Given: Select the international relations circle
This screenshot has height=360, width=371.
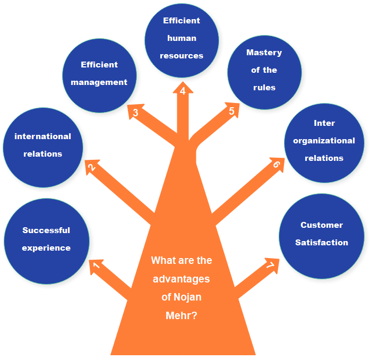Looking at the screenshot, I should (x=43, y=147).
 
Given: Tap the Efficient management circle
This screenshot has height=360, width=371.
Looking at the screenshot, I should (x=99, y=75).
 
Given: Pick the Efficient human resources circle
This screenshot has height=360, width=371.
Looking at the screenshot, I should (x=182, y=40).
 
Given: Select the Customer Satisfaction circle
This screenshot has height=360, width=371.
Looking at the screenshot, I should (x=322, y=235).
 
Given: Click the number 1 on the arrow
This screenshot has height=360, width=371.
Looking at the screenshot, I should (x=96, y=265).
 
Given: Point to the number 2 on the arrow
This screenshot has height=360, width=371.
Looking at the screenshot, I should (x=92, y=168).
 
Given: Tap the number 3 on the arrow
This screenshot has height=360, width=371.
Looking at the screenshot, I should (x=135, y=113).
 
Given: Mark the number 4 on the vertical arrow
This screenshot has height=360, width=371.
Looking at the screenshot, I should (x=183, y=91).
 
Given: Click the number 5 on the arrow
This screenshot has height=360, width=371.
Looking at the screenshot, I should (x=231, y=111).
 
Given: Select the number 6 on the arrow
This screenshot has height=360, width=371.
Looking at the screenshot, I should (x=276, y=165).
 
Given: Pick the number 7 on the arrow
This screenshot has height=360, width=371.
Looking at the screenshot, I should (x=270, y=264).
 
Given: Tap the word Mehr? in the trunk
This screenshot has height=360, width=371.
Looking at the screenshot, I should (x=182, y=315).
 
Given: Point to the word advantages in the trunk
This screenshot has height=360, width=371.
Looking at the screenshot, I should (x=182, y=279).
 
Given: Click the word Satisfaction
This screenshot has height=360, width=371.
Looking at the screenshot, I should (x=322, y=243).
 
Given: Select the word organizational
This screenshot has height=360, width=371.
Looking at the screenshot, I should (x=324, y=141).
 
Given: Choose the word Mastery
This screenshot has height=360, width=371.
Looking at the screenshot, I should (x=264, y=53).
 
